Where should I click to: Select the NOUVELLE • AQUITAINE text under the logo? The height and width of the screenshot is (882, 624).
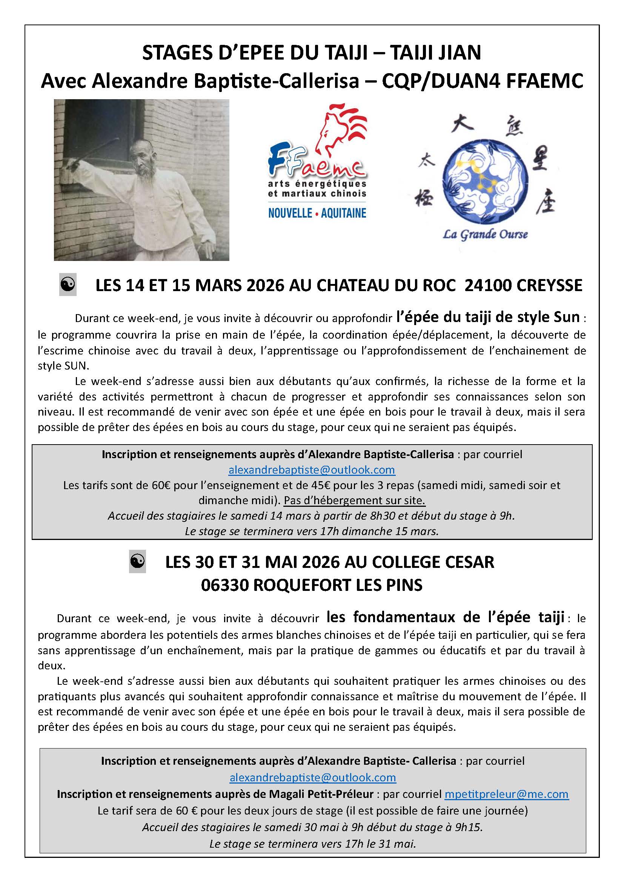click(317, 213)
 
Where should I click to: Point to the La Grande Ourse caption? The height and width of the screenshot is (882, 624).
click(485, 234)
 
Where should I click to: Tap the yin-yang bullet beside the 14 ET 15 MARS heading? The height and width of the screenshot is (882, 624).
click(68, 285)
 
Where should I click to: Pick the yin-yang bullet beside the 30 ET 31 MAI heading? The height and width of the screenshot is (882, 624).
click(137, 562)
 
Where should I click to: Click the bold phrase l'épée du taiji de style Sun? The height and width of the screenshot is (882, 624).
click(488, 317)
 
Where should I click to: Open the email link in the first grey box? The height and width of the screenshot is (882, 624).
click(312, 470)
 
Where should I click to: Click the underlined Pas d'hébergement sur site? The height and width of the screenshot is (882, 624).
click(355, 500)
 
